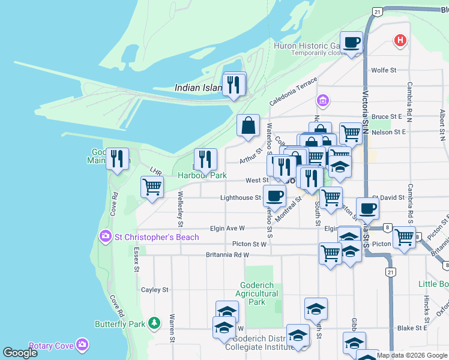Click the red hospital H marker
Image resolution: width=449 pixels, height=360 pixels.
pos(400,41)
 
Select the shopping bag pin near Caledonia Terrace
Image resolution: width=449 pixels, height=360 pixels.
pos(248,125)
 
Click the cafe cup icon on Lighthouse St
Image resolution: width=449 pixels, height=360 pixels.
pos(275,195)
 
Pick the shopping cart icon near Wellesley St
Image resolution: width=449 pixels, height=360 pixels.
pos(152,187)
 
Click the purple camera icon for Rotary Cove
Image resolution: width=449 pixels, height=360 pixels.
pos(83,344)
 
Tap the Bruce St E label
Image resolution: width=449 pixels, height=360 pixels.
pos(386,116)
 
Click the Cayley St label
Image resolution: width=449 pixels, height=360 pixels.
pos(154,290)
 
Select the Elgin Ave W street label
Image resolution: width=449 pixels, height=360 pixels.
pos(228,229)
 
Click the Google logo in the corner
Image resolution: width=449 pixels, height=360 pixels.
pos(20,353)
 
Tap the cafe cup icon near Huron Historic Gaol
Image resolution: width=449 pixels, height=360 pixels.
pos(352,42)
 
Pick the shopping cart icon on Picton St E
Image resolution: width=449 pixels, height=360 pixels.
pos(404,237)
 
